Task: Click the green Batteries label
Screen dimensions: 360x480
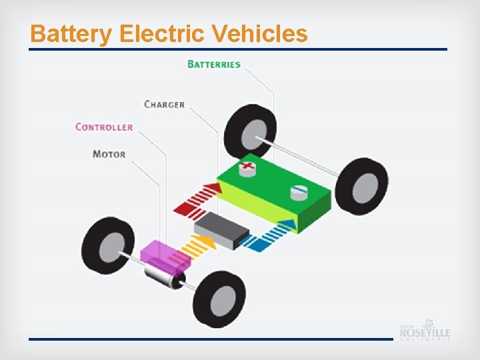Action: click(x=214, y=64)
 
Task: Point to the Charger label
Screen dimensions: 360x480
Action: click(x=165, y=104)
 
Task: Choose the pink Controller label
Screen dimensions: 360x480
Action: click(x=104, y=127)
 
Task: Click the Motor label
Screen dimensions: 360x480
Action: click(x=109, y=154)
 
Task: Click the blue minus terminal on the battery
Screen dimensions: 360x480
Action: click(x=299, y=192)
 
